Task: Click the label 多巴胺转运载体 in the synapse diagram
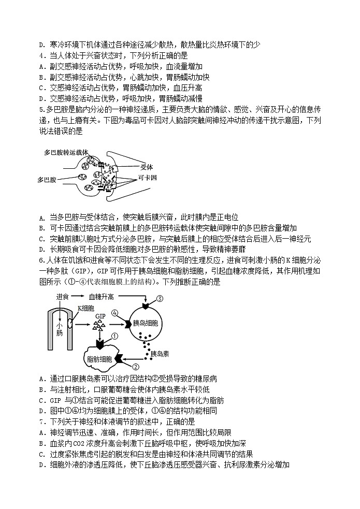tap(66, 153)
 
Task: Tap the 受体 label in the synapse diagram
tap(147, 167)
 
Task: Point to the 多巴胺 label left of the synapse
tap(47, 180)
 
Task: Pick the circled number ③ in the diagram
tap(160, 298)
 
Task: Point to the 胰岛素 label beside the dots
tap(157, 353)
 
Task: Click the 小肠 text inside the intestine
tap(60, 330)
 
